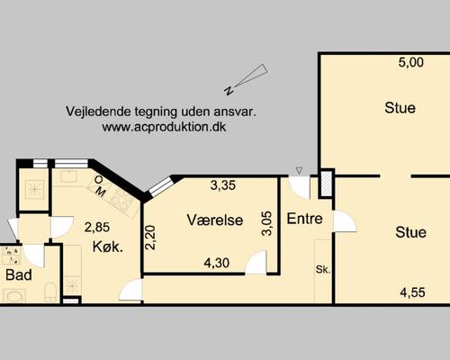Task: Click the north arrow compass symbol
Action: [x=248, y=78]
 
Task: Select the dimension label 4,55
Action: [x=411, y=292]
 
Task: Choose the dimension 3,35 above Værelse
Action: [x=223, y=186]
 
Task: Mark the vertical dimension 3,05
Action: [x=266, y=222]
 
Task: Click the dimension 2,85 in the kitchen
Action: [x=97, y=226]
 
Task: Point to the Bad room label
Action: [x=18, y=275]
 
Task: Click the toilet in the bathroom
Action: [x=49, y=290]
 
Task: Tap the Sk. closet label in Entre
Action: [x=321, y=269]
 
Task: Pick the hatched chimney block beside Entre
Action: [x=326, y=184]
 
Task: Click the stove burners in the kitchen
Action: [x=37, y=190]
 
